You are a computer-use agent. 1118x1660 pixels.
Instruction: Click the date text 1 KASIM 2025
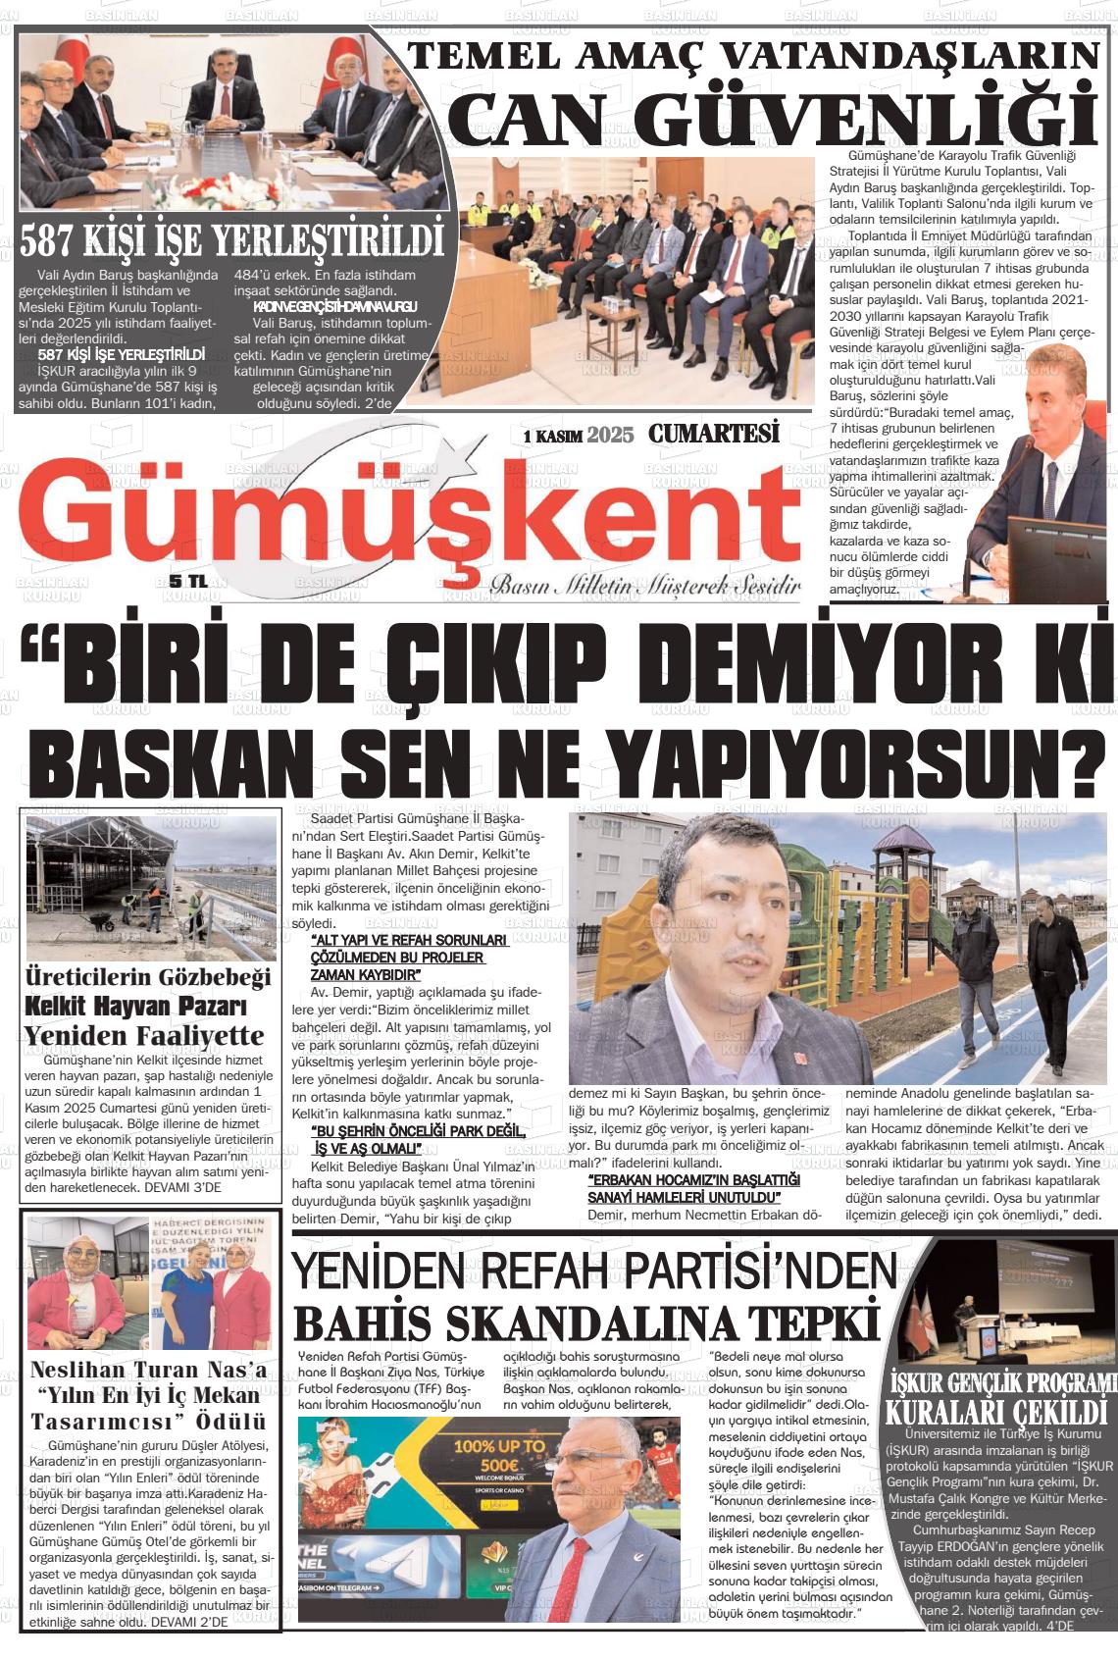579,435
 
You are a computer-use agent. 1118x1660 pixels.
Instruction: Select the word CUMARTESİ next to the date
713,434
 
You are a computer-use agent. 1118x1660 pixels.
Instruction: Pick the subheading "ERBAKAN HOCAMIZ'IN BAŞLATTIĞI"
693,1179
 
